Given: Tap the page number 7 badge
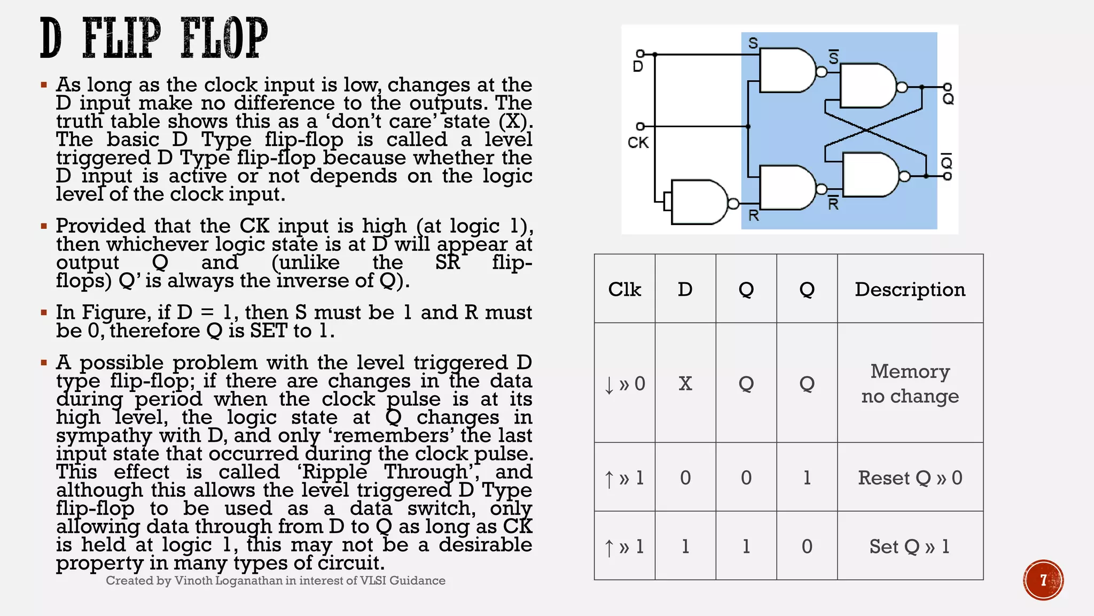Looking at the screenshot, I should [x=1043, y=580].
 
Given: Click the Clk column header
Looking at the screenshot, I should [x=624, y=289].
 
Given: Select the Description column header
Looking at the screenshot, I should [x=910, y=289].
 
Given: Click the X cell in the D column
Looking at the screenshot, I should [x=685, y=383].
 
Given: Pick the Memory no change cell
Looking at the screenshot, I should [x=910, y=383].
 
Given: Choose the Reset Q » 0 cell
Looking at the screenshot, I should [x=910, y=478].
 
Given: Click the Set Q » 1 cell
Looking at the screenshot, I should [x=910, y=546].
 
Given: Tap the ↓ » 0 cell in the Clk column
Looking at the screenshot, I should [x=624, y=384].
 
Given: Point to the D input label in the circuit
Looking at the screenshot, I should [x=638, y=67].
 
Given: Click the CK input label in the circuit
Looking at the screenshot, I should [x=638, y=143].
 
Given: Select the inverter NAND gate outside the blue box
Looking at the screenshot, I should [x=699, y=202].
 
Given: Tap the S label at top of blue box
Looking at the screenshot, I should [x=753, y=43].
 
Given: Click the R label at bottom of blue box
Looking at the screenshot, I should [x=753, y=215].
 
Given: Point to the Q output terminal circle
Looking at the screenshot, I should [x=947, y=87].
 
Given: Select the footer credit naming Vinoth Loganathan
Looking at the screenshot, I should [x=275, y=581].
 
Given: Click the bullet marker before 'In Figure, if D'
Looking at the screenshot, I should [x=44, y=312].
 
